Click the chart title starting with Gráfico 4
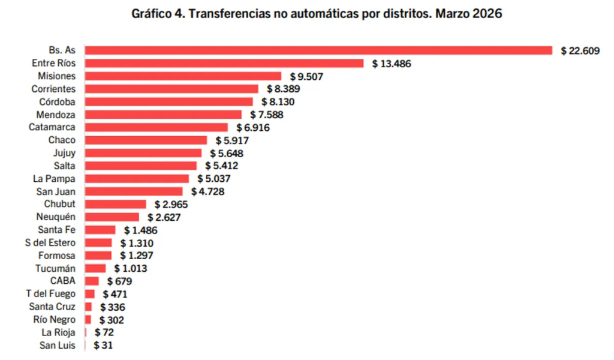coord(317,14)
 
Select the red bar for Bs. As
coord(318,50)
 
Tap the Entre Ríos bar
coord(224,63)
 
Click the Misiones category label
coord(57,76)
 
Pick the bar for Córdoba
coord(169,101)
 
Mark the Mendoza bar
coord(163,115)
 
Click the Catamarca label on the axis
coord(52,127)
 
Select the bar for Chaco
coord(146,140)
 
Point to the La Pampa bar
coord(137,178)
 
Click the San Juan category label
coord(55,191)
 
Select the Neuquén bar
coord(112,217)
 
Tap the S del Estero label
coord(51,242)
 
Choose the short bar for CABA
coord(92,281)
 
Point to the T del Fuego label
coord(50,293)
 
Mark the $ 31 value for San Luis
coord(103,345)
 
